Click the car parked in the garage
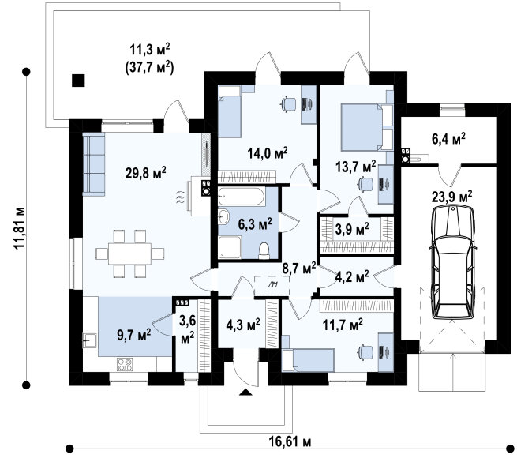[x=452, y=261]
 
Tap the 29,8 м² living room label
[x=145, y=172]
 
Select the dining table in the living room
[x=130, y=254]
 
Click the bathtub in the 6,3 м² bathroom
[x=241, y=197]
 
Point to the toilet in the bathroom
[x=264, y=250]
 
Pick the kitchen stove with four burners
[x=125, y=364]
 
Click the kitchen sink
[x=89, y=340]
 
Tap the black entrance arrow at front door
[x=245, y=392]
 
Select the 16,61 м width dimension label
[x=290, y=441]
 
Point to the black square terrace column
[x=78, y=81]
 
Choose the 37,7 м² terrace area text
[x=149, y=68]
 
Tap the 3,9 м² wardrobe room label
[x=352, y=228]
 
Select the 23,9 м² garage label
[x=451, y=197]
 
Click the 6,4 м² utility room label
[x=448, y=139]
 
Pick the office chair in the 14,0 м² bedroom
[x=288, y=104]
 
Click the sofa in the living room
[x=94, y=164]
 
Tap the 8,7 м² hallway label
[x=299, y=269]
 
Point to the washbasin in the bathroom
[x=225, y=217]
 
